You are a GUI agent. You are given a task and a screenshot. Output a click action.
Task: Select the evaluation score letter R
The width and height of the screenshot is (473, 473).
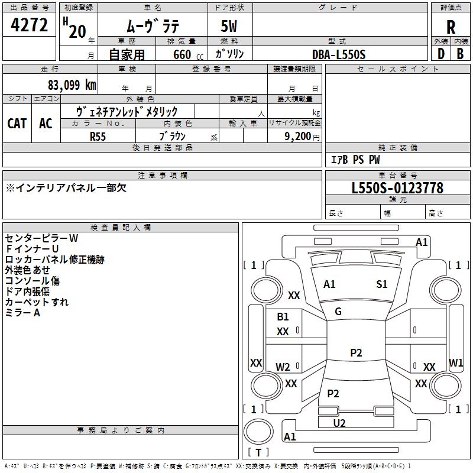click(x=451, y=27)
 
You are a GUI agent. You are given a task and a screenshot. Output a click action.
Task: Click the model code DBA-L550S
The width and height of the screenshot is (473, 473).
click(x=339, y=54)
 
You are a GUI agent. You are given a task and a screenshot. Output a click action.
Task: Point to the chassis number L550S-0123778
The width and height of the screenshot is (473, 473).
click(x=397, y=188)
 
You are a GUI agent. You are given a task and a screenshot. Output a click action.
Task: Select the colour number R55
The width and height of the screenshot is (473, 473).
click(x=99, y=136)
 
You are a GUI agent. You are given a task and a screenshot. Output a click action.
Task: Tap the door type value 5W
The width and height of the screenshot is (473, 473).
click(x=230, y=27)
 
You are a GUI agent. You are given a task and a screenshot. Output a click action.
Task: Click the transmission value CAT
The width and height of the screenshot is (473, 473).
click(x=17, y=123)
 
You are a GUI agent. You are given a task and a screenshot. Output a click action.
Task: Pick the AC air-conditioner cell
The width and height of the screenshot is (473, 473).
click(x=46, y=123)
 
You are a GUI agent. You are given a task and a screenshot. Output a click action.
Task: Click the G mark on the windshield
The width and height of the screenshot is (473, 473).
click(x=338, y=312)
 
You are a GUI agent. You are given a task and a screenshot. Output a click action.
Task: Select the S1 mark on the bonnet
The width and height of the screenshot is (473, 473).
click(x=382, y=284)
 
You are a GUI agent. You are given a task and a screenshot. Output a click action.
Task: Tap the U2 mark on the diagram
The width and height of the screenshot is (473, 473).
click(x=339, y=423)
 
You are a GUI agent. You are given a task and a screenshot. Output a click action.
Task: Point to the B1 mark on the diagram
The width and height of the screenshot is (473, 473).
click(x=283, y=317)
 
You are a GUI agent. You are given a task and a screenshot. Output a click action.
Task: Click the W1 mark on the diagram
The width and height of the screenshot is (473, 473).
click(x=456, y=362)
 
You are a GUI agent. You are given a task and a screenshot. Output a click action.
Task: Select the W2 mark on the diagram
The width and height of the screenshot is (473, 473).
click(x=283, y=367)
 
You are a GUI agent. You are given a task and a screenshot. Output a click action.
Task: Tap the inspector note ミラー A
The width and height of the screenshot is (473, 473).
click(x=22, y=313)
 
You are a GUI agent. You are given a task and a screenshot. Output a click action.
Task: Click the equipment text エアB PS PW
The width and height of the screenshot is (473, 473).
click(x=355, y=160)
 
